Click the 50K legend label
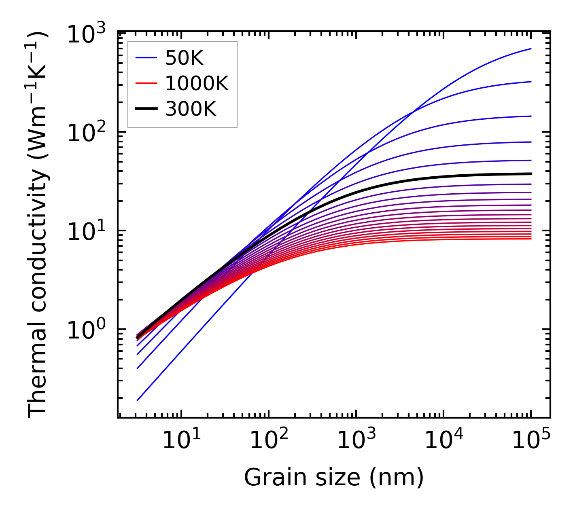pos(184,59)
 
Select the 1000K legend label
pos(197,84)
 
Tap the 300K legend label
pos(191,109)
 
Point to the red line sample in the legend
pos(146,84)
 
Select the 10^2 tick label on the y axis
pos(86,133)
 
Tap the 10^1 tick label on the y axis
pos(86,232)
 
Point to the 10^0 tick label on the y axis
pos(86,330)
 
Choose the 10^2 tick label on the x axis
pos(269,440)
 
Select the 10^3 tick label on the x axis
pos(356,440)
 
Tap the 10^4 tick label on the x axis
pos(443,440)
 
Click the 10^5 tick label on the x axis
pos(531,440)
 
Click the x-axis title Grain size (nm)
pos(334,478)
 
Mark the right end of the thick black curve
pos(530,174)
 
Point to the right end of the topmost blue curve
pos(530,49)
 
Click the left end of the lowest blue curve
pos(138,400)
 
